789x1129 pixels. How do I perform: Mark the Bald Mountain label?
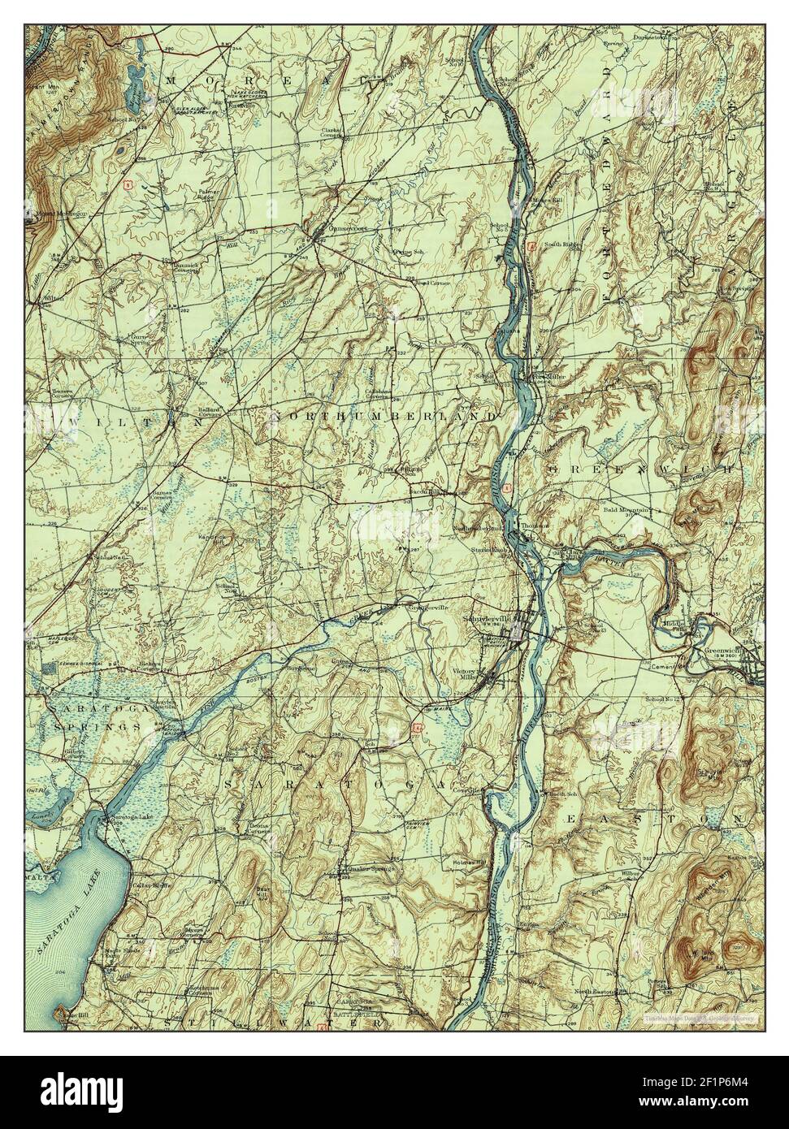[626, 509]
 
